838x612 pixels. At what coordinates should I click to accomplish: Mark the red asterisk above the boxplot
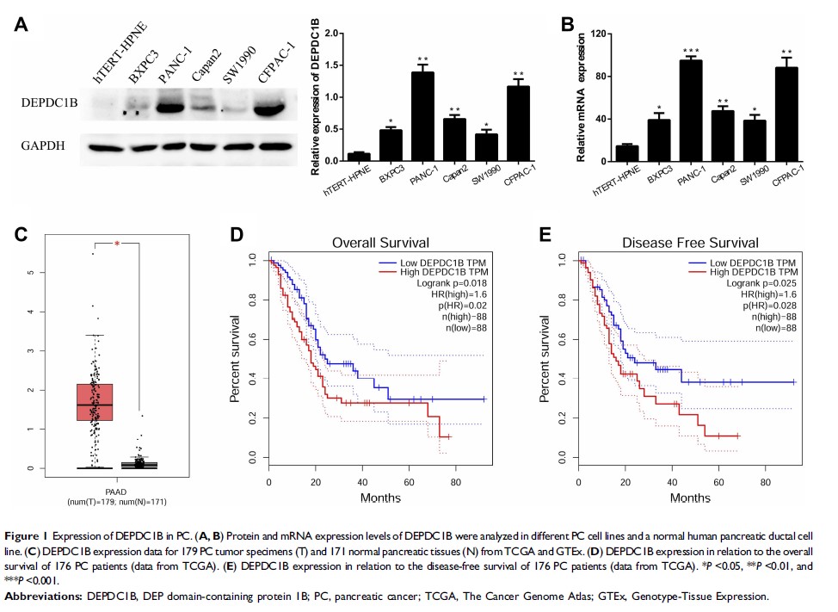coord(115,244)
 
